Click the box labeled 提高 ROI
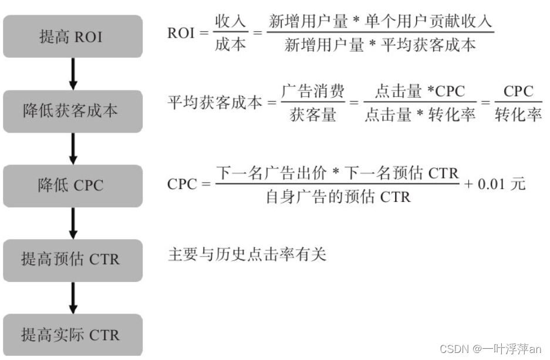coord(73,36)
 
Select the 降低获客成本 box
coord(73,111)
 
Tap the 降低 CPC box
coord(73,186)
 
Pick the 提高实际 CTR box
coord(73,335)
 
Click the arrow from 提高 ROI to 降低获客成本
coord(73,74)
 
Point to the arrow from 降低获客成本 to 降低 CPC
coord(73,149)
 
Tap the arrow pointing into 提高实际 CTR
coord(73,298)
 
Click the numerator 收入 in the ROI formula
coord(230,22)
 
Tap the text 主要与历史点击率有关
coord(247,255)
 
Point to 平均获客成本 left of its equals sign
coord(214,103)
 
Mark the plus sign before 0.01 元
coord(468,184)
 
